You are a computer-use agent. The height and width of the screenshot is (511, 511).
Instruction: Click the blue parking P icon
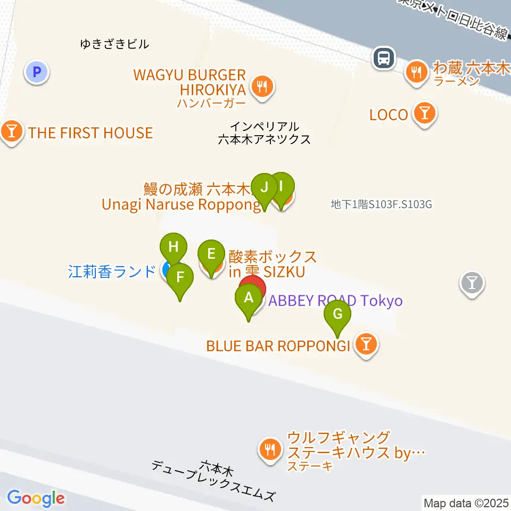(x=37, y=72)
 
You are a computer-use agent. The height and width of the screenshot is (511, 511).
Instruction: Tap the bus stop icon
(x=383, y=58)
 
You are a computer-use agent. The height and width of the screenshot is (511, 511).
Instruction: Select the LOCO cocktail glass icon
(x=425, y=113)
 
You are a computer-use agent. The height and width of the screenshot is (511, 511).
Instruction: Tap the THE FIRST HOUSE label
(x=90, y=133)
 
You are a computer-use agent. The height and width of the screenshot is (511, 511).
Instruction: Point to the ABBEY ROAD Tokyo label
(x=335, y=301)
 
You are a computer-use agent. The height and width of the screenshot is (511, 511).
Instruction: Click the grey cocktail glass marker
(x=472, y=281)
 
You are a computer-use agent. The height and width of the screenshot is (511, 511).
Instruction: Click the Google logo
(x=36, y=498)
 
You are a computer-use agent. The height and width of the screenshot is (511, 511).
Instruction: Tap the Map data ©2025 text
(x=465, y=502)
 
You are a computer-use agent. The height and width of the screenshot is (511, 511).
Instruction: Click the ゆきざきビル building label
(x=114, y=44)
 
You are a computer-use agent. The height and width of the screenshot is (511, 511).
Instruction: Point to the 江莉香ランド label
(x=111, y=271)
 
